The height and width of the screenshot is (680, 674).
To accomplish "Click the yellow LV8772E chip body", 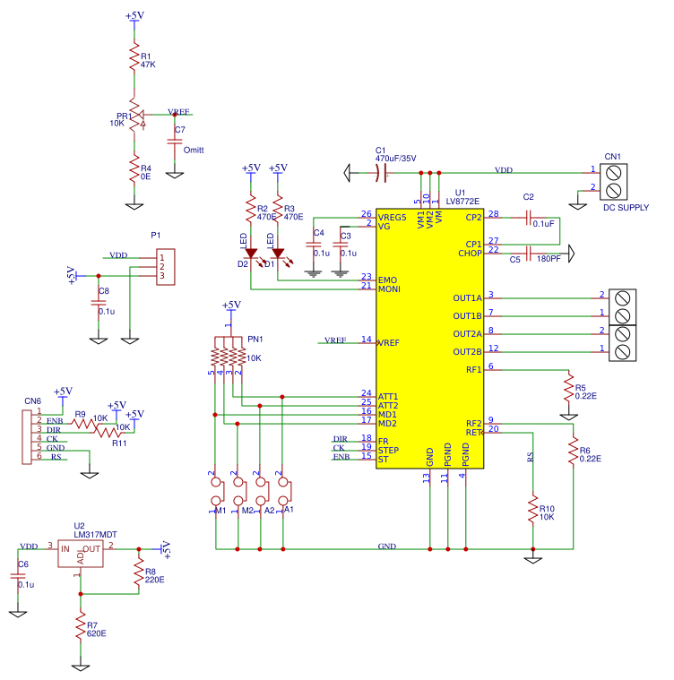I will pyautogui.click(x=429, y=340).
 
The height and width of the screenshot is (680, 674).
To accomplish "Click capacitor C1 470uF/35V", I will pyautogui.click(x=382, y=170).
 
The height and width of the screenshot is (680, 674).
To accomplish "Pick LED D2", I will pyautogui.click(x=251, y=254).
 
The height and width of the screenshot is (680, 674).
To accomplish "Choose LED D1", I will pyautogui.click(x=278, y=254).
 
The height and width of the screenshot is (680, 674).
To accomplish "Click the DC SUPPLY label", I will pyautogui.click(x=626, y=207).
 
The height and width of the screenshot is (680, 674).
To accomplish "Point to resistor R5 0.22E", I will pyautogui.click(x=567, y=389).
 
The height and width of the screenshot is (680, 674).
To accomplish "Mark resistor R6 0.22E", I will pyautogui.click(x=573, y=453).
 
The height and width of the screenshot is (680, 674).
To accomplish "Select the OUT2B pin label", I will pyautogui.click(x=467, y=351).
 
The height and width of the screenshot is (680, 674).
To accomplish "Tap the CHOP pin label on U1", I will pyautogui.click(x=470, y=253).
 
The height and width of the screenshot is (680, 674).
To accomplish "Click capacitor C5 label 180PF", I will pyautogui.click(x=549, y=259).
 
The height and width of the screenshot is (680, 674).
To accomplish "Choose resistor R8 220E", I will pyautogui.click(x=138, y=574).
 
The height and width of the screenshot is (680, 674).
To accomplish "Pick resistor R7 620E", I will pyautogui.click(x=81, y=624).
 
